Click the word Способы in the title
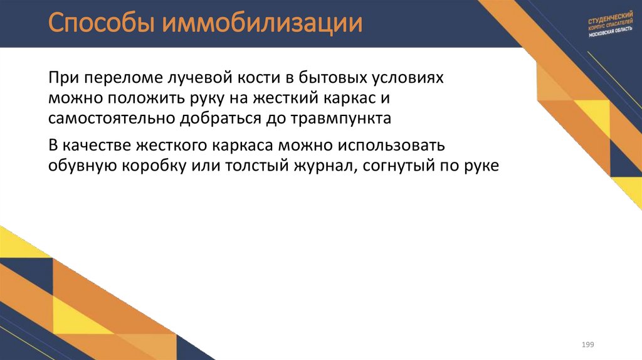[100, 24]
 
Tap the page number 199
[587, 345]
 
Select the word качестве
[96, 146]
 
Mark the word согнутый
[392, 166]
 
